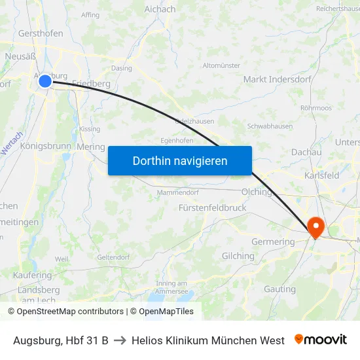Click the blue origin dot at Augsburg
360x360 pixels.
[45, 81]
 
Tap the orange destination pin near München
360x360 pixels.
[315, 226]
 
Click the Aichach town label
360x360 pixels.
[160, 9]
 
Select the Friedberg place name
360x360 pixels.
[91, 83]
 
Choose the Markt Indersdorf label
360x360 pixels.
[273, 79]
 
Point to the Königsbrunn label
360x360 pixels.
[45, 146]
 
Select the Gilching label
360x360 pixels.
[238, 256]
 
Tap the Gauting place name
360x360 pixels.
[279, 289]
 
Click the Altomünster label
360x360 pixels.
[222, 65]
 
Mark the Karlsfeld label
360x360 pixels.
[321, 176]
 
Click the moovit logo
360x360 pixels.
[320, 340]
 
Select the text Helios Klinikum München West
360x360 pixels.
[207, 340]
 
